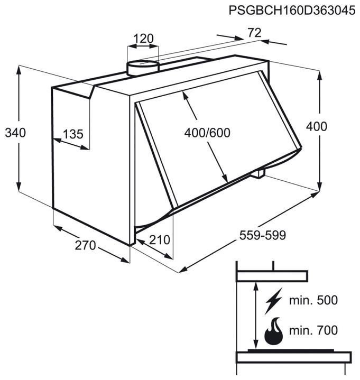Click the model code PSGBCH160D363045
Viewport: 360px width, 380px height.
click(x=292, y=11)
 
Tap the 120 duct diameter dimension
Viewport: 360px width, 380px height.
click(x=143, y=39)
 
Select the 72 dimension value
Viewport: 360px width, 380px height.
click(x=254, y=33)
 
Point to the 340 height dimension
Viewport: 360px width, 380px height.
click(x=15, y=133)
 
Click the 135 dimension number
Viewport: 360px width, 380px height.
click(x=73, y=134)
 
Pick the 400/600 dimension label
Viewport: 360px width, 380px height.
click(x=207, y=133)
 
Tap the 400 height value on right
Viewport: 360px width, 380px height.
click(x=316, y=126)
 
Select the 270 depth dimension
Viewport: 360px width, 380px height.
click(x=85, y=245)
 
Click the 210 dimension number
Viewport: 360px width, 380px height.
click(x=160, y=240)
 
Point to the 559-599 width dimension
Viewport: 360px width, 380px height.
click(x=263, y=235)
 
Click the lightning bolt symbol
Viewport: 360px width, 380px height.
click(x=274, y=301)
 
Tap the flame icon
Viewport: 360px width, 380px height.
click(x=273, y=331)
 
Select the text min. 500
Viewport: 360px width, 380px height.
click(x=313, y=300)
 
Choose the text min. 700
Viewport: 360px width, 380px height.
click(x=313, y=330)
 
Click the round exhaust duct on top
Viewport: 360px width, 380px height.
click(x=143, y=68)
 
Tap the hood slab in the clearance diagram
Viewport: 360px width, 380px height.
click(x=272, y=276)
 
